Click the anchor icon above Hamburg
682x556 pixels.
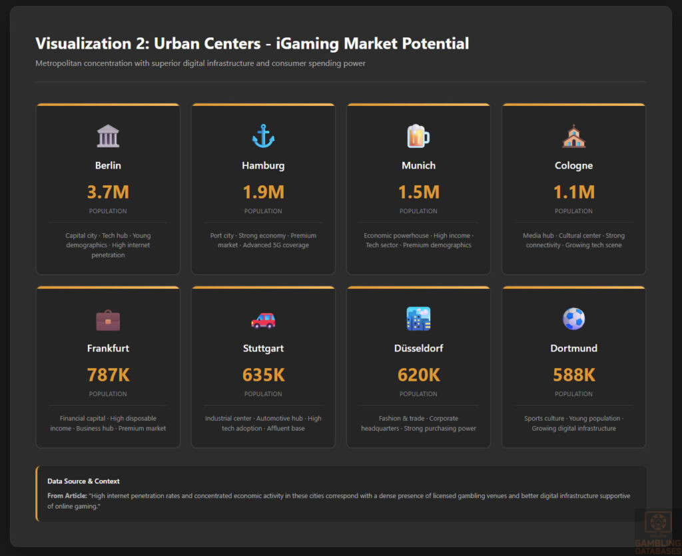pos(263,136)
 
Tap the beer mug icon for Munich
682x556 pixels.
pos(418,136)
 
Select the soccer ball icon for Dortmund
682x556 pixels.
pos(573,319)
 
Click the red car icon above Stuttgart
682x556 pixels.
pos(263,320)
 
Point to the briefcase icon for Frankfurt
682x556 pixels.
pos(108,320)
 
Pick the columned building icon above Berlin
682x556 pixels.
pos(108,136)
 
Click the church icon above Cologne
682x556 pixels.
pos(573,136)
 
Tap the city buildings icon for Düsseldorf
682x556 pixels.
pos(418,319)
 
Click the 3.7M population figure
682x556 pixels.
pos(108,192)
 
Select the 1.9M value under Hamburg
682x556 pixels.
pos(263,192)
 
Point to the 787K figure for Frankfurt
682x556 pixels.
pos(108,375)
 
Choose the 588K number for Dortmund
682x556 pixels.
pos(573,375)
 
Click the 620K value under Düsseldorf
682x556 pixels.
pos(418,375)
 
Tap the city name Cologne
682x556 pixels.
pos(573,165)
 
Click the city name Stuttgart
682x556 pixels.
pos(263,348)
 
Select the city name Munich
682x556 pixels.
pos(418,165)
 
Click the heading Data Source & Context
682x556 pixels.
pos(83,481)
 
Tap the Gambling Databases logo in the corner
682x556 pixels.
pos(657,531)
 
